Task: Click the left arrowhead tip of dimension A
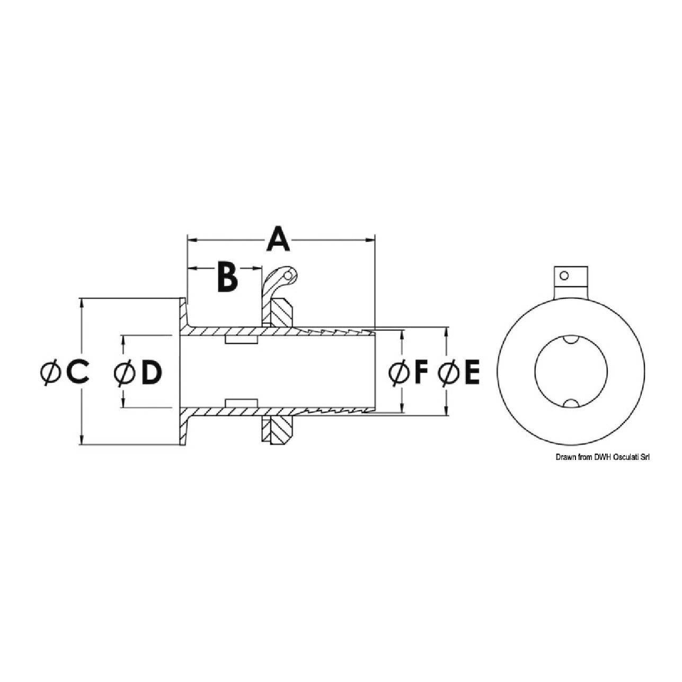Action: [x=187, y=240]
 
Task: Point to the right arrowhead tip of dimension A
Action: [x=375, y=240]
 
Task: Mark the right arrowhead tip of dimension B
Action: [x=261, y=268]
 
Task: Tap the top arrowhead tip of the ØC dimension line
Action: [x=82, y=299]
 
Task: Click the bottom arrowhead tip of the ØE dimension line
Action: [x=447, y=415]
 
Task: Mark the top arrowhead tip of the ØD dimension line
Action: [x=123, y=335]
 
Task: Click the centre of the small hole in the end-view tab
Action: [x=564, y=276]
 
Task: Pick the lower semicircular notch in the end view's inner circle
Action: [x=571, y=403]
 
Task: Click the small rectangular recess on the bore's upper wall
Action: [x=241, y=339]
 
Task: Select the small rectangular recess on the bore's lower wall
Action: [x=241, y=403]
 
